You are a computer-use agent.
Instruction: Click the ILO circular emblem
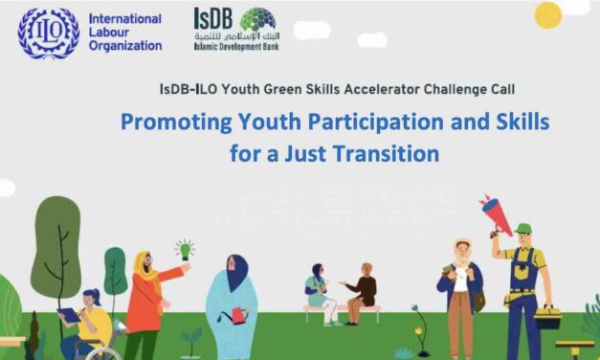point(47,33)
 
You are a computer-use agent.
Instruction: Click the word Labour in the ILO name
point(113,33)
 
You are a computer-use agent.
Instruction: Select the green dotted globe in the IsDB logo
point(257,20)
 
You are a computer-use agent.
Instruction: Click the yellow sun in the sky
point(547,14)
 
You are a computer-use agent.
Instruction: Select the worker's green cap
point(522,229)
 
